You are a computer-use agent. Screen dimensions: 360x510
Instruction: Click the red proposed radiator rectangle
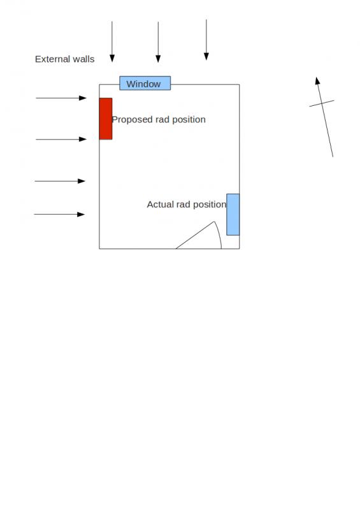pos(106,119)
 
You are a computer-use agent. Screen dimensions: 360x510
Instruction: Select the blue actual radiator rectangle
pos(233,214)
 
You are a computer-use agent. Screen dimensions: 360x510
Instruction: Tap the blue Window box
pos(145,84)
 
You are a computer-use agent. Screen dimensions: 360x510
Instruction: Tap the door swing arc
pos(219,234)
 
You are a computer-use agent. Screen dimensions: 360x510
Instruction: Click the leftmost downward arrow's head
pos(112,58)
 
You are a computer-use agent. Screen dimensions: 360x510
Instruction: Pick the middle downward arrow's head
pos(158,59)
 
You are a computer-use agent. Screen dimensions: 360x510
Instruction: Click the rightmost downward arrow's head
pos(206,56)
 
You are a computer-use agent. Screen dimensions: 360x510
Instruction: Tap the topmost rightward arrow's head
pos(83,98)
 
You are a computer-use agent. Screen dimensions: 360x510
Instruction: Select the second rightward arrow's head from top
pos(83,139)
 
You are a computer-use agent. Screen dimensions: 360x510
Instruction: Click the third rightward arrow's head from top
pos(82,181)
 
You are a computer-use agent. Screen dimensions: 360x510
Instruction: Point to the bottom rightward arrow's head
pos(81,214)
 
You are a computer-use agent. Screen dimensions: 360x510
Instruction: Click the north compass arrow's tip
pos(317,77)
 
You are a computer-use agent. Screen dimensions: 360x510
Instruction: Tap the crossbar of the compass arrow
pos(322,103)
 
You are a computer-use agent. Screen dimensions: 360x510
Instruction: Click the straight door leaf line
pos(195,235)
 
